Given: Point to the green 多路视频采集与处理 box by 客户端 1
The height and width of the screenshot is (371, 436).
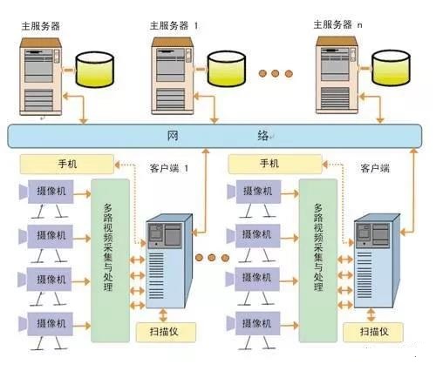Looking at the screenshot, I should pos(110,261).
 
